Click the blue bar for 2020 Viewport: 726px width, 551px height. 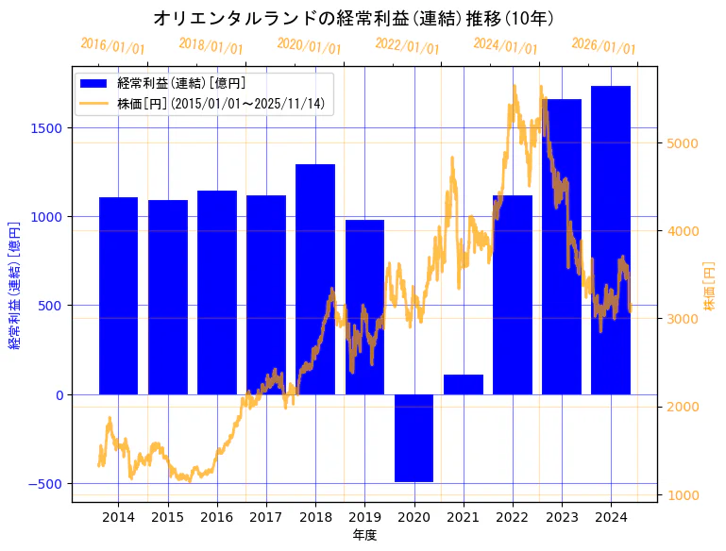[x=414, y=438]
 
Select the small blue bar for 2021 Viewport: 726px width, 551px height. [x=464, y=384]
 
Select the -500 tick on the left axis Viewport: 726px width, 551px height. [x=44, y=483]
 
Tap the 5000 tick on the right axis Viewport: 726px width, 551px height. [x=682, y=143]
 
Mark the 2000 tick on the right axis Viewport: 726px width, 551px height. [x=682, y=407]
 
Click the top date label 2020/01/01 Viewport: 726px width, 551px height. [x=309, y=46]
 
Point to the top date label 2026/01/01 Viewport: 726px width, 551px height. [x=603, y=46]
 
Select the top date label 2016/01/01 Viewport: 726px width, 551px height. [x=112, y=46]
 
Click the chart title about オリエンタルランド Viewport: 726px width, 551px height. [x=354, y=18]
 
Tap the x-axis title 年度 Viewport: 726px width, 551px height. [x=364, y=535]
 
